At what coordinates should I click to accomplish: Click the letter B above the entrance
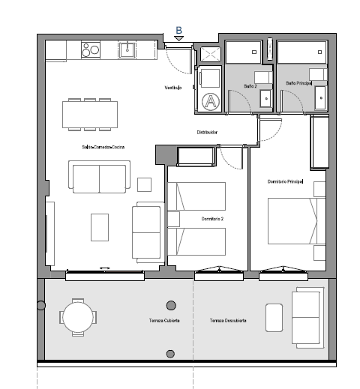[x=178, y=31]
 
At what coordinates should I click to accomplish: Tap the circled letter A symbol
[x=211, y=100]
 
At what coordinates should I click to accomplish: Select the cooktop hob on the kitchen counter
[x=91, y=51]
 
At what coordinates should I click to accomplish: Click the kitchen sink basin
[x=127, y=50]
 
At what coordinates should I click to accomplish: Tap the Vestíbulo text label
[x=173, y=88]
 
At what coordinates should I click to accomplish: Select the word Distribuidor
[x=207, y=132]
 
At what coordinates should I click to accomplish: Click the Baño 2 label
[x=250, y=86]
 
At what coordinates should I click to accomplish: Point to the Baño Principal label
[x=298, y=83]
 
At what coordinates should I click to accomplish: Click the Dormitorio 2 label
[x=213, y=219]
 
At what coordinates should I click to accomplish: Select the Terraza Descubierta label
[x=228, y=320]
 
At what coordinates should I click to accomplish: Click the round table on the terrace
[x=79, y=316]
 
